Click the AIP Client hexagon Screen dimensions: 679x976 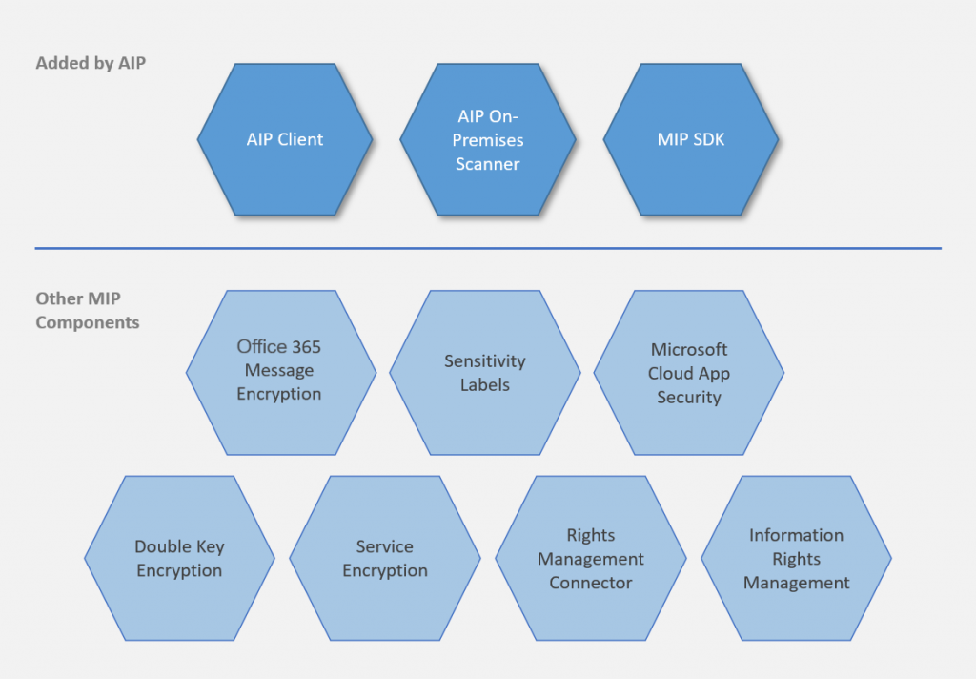[285, 140]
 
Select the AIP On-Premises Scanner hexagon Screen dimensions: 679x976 [487, 140]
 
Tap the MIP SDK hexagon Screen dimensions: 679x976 [690, 140]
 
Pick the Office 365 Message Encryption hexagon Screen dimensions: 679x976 [280, 372]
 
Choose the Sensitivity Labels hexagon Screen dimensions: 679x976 [484, 372]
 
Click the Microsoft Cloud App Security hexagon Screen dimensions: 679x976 [688, 372]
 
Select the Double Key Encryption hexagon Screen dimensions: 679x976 [179, 558]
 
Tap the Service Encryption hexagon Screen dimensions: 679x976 [384, 558]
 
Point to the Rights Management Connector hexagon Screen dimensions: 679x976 [590, 558]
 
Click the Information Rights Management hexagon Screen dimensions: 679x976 [796, 558]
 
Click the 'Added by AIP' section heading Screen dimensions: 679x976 [91, 64]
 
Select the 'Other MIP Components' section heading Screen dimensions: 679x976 [88, 311]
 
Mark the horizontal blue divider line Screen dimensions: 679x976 [488, 249]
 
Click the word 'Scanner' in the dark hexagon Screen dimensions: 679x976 [487, 164]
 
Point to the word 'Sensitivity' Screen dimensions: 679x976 [484, 361]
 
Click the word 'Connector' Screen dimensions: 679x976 [590, 583]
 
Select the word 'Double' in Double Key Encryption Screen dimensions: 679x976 [162, 546]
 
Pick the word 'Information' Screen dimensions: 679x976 [796, 535]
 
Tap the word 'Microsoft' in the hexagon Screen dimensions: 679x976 [688, 349]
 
